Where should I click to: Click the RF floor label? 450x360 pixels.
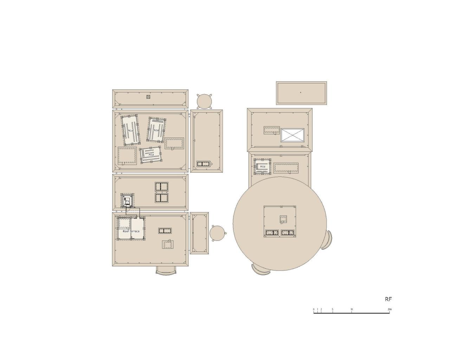[x=388, y=299]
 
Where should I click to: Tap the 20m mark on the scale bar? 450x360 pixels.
[x=390, y=309]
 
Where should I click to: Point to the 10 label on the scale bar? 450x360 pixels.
[x=352, y=309]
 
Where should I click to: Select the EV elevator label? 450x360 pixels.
[x=127, y=201]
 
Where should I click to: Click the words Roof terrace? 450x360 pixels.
[x=131, y=231]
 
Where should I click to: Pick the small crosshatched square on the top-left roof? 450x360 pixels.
[x=148, y=97]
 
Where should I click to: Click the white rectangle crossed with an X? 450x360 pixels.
[x=292, y=135]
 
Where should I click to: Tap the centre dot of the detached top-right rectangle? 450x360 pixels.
[x=301, y=92]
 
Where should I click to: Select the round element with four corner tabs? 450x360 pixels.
[x=204, y=101]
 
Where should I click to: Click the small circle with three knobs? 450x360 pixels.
[x=218, y=233]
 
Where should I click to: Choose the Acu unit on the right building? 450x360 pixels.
[x=262, y=166]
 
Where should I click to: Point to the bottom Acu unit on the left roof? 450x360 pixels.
[x=151, y=155]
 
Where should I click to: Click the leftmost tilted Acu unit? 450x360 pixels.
[x=131, y=130]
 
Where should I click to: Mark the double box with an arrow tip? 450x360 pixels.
[x=205, y=164]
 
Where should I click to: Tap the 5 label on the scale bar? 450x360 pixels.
[x=333, y=309]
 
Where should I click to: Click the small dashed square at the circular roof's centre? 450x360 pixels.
[x=283, y=219]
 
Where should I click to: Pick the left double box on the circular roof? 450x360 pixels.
[x=272, y=233]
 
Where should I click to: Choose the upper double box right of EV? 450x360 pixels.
[x=162, y=187]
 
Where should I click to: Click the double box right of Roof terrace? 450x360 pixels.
[x=165, y=231]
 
